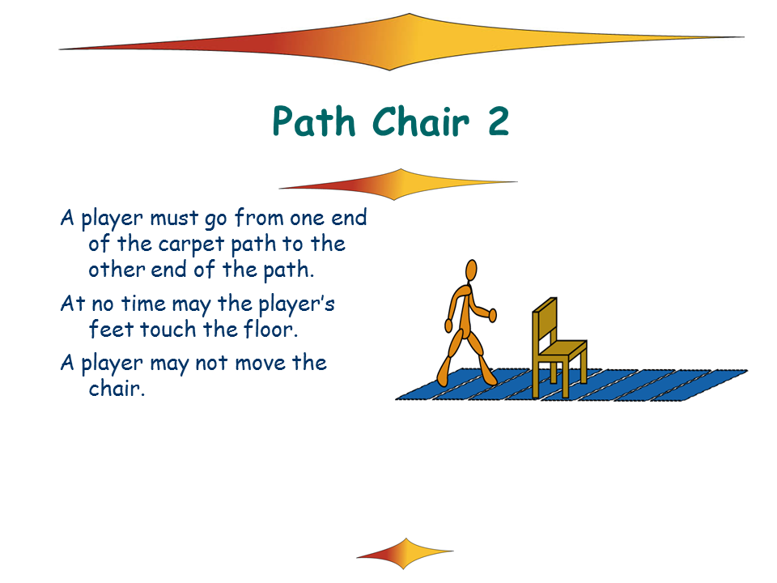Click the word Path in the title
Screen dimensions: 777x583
314,121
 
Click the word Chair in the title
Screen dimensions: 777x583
420,121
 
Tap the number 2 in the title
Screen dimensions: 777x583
498,121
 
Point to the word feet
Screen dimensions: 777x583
112,329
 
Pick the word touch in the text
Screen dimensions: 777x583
168,329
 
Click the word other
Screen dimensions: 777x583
117,270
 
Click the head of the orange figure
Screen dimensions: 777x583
471,270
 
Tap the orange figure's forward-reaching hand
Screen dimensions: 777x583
493,315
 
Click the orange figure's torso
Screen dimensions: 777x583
465,309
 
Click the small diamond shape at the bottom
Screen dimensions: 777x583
405,553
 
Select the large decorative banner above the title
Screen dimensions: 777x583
401,42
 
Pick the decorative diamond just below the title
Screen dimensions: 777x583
398,185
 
